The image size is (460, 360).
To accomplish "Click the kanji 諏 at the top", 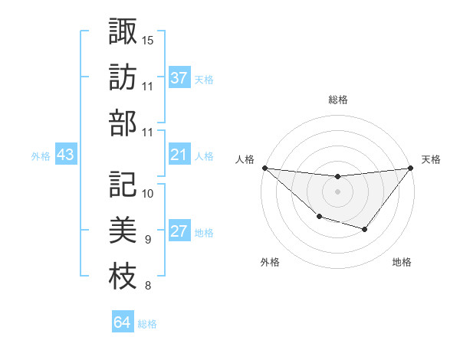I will tap(123, 32).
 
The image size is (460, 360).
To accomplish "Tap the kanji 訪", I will tap(123, 78).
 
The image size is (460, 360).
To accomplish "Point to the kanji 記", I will tap(123, 184).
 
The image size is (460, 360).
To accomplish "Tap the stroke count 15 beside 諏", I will tap(148, 40).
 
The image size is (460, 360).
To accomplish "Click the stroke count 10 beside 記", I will tap(148, 192).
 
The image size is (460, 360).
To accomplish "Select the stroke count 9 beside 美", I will tap(147, 240).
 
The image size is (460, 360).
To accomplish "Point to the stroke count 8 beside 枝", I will tap(147, 286).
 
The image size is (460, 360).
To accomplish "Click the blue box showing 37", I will tap(179, 78).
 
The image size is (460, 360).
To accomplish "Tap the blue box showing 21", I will tap(179, 155).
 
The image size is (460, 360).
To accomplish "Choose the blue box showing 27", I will tap(179, 232).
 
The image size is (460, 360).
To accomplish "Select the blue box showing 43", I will tap(65, 155).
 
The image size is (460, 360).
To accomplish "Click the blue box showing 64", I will tap(122, 322).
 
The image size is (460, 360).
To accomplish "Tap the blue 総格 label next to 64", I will tap(147, 324).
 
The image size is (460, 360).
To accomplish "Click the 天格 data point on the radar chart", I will tap(410, 168).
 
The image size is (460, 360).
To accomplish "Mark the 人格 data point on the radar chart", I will tap(264, 168).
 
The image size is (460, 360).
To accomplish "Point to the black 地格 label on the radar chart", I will tap(402, 263).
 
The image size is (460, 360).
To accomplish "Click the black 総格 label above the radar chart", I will tap(337, 100).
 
